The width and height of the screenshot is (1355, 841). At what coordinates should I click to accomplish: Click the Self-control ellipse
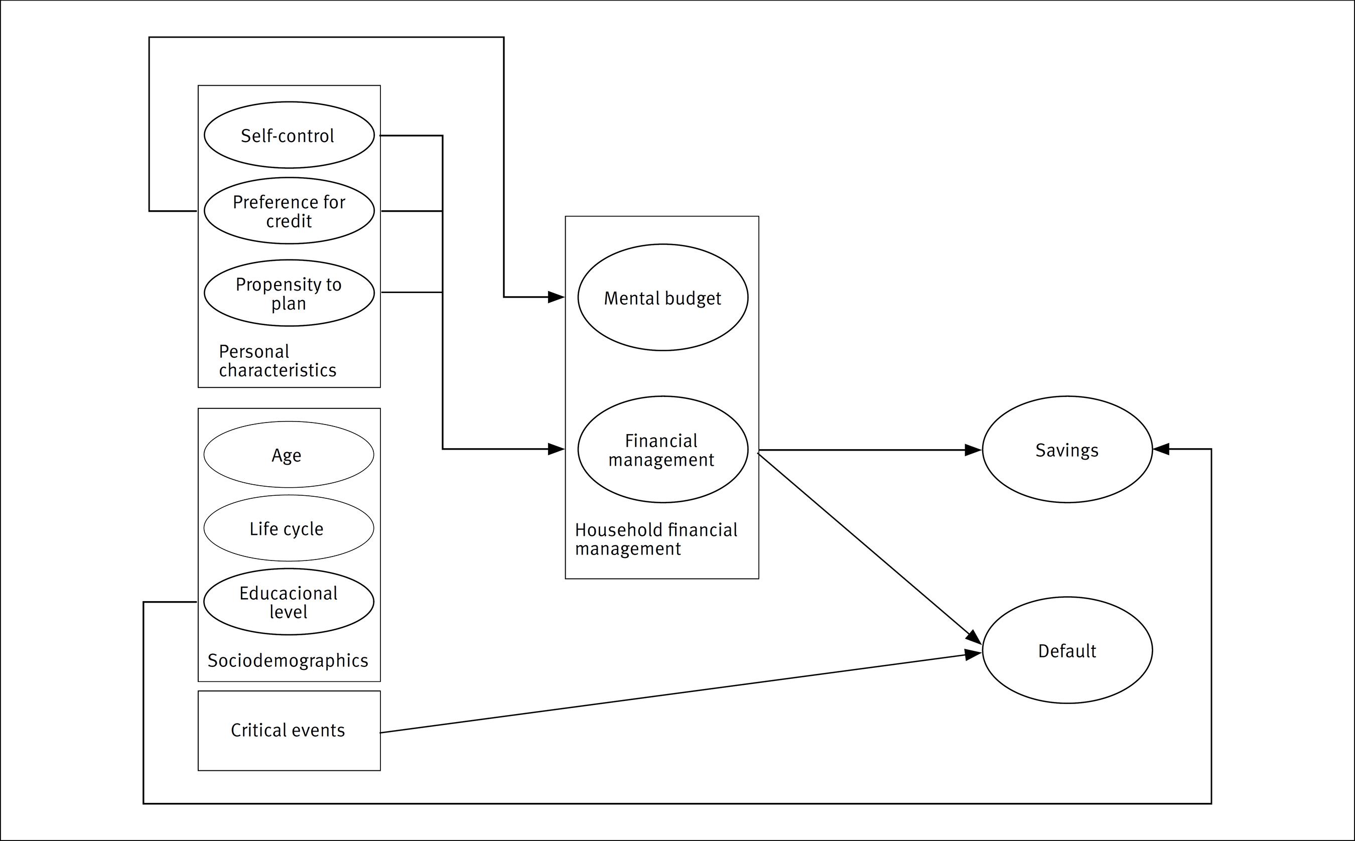click(x=289, y=135)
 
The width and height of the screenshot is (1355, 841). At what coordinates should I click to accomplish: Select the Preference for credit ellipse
click(x=289, y=211)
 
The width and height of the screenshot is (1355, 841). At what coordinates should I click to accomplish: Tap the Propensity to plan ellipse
click(x=289, y=293)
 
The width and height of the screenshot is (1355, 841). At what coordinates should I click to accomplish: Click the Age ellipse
click(x=289, y=455)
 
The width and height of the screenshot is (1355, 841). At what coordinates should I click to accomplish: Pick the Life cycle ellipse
click(x=289, y=528)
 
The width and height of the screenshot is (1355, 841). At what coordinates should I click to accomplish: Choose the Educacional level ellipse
click(x=289, y=602)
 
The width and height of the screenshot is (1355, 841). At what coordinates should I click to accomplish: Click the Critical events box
click(x=289, y=730)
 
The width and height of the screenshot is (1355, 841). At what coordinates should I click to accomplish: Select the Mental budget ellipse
click(x=662, y=298)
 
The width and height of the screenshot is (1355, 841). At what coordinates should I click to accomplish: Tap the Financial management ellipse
click(x=662, y=450)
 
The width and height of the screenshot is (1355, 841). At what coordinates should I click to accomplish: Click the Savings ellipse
click(x=1067, y=450)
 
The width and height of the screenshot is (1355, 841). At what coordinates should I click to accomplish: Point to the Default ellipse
click(x=1067, y=650)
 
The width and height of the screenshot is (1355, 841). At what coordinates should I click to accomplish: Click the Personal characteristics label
click(x=277, y=360)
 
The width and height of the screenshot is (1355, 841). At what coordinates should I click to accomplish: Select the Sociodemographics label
click(x=288, y=660)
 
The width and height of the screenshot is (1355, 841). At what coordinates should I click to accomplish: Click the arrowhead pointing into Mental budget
click(x=556, y=297)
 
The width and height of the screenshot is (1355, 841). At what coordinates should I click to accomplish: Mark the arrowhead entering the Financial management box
click(x=556, y=449)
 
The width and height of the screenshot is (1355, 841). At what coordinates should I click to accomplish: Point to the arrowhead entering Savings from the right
click(x=1161, y=449)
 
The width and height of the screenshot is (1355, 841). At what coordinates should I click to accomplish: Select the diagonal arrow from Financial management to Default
click(x=868, y=545)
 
